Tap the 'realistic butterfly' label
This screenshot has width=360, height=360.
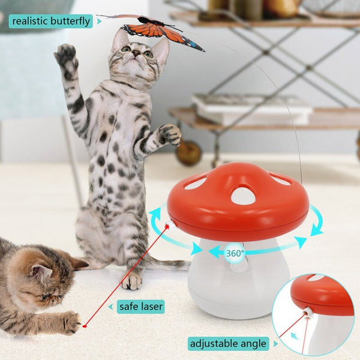(x=51, y=22)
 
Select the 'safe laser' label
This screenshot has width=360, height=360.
(x=141, y=307)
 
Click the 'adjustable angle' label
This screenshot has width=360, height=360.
(x=228, y=344)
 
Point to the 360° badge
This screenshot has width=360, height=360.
(x=235, y=253)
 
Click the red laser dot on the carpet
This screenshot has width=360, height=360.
(x=85, y=326)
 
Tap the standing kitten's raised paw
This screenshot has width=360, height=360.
(x=66, y=58)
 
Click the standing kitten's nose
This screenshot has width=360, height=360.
(x=136, y=53)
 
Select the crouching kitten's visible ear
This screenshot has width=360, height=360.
(x=41, y=272)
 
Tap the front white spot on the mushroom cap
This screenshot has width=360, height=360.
(x=244, y=196)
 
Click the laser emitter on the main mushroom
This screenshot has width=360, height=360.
(x=171, y=225)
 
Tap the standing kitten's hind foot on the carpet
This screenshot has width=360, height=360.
(x=131, y=281)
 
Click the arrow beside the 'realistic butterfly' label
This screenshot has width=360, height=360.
(x=99, y=22)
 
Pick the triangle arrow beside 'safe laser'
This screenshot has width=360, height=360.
(x=110, y=307)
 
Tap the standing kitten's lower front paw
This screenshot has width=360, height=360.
(x=170, y=134)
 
